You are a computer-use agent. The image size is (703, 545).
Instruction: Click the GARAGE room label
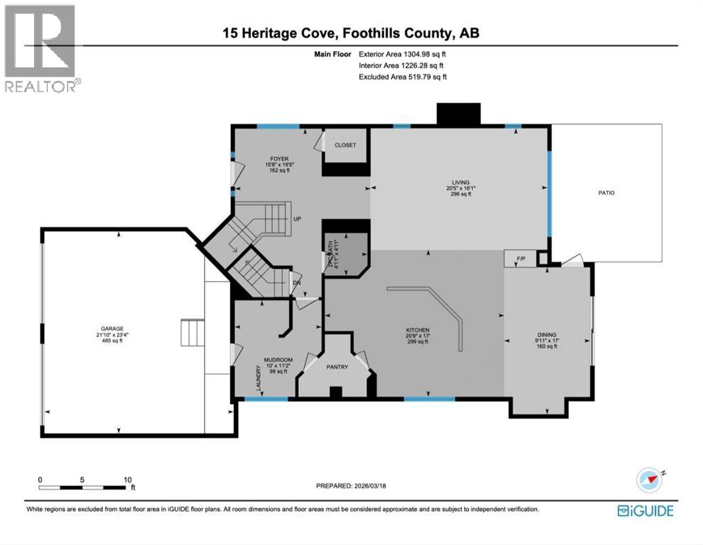[x=111, y=329]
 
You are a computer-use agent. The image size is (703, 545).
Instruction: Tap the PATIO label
[x=606, y=192]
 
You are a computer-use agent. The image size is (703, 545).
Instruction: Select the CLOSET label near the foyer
[x=345, y=145]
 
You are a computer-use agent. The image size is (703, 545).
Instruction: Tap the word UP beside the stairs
[x=298, y=219]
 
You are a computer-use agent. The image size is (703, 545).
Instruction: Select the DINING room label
[x=546, y=335]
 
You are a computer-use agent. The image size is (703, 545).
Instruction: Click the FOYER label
[x=278, y=159]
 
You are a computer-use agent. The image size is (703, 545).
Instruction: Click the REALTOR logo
[x=41, y=48]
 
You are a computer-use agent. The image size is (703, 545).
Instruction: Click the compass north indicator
[x=650, y=479]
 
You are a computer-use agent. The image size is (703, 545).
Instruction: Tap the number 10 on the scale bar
[x=128, y=479]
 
